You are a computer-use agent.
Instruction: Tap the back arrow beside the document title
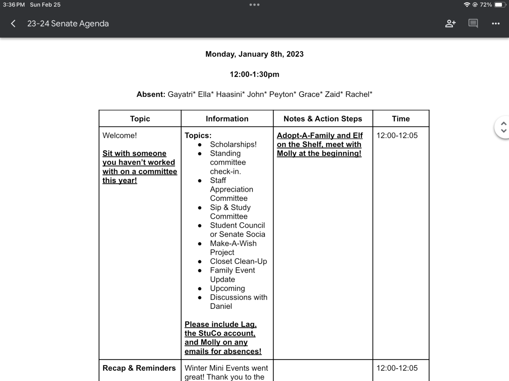(x=13, y=24)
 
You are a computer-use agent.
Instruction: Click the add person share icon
(x=450, y=24)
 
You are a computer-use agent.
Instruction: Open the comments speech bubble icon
(x=473, y=24)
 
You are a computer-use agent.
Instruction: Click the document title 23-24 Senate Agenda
(x=68, y=24)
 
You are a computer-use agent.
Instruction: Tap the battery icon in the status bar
(x=500, y=5)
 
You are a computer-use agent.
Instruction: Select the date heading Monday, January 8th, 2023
(x=254, y=54)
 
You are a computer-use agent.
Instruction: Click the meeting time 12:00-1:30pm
(x=254, y=74)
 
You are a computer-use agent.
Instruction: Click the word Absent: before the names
(x=151, y=94)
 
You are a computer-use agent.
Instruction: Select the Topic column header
(x=140, y=119)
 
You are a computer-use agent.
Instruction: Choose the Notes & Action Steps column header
(x=323, y=119)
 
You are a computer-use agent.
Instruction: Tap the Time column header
(x=401, y=119)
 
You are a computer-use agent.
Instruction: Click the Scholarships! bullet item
(x=233, y=144)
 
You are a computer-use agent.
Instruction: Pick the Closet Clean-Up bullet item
(x=239, y=262)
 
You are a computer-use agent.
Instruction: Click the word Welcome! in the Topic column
(x=120, y=135)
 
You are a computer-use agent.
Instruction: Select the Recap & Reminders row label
(x=139, y=368)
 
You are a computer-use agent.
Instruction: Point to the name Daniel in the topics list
(x=221, y=306)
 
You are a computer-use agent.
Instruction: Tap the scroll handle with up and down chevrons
(x=503, y=127)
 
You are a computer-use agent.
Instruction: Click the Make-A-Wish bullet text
(x=233, y=244)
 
